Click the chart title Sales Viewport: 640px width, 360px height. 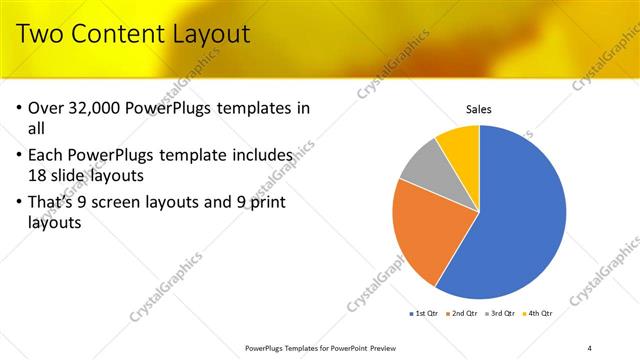click(480, 109)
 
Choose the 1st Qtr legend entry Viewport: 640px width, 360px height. click(425, 314)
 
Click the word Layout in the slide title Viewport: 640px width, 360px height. click(209, 35)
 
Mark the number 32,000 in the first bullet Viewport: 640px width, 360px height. click(107, 107)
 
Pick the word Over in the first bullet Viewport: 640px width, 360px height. click(48, 107)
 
